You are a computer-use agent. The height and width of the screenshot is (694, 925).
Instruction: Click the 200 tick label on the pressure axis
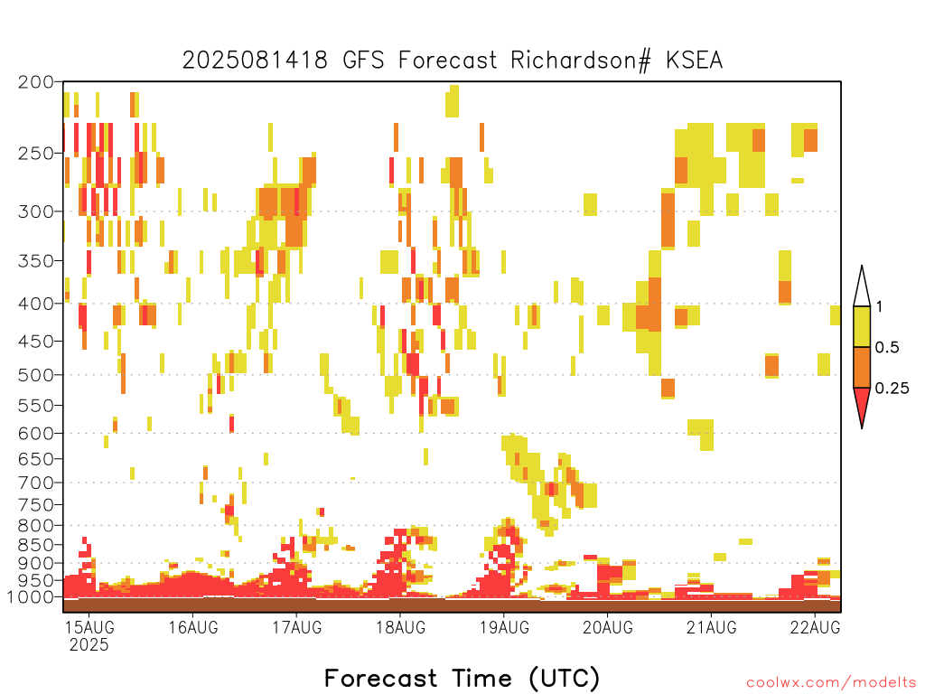(x=35, y=82)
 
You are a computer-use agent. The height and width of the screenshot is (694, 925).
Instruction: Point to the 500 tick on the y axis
(x=35, y=375)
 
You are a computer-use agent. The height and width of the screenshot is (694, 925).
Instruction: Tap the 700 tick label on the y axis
(x=35, y=483)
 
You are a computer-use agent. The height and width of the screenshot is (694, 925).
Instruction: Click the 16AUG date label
(x=193, y=627)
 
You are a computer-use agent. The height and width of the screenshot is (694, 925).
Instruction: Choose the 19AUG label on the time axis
(x=504, y=627)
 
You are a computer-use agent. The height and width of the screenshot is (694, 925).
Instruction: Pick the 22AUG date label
(x=816, y=627)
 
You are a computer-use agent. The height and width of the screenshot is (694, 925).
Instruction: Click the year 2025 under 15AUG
(x=89, y=645)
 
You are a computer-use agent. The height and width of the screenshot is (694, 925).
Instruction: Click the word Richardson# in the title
(x=581, y=61)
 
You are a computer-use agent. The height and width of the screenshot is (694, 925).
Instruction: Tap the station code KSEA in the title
(x=695, y=61)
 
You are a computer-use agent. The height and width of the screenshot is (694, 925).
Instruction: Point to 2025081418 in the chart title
(x=255, y=61)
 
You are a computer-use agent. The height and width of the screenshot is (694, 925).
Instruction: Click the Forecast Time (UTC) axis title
(x=462, y=678)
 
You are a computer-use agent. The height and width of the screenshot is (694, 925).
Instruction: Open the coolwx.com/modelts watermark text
(x=831, y=683)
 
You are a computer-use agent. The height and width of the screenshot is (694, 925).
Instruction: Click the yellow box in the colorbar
(x=862, y=326)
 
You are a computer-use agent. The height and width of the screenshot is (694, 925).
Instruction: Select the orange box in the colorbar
(x=862, y=367)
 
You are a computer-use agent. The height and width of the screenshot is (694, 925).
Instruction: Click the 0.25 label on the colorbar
(x=892, y=389)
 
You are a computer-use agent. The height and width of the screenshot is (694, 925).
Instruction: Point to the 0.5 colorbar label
(x=887, y=347)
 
